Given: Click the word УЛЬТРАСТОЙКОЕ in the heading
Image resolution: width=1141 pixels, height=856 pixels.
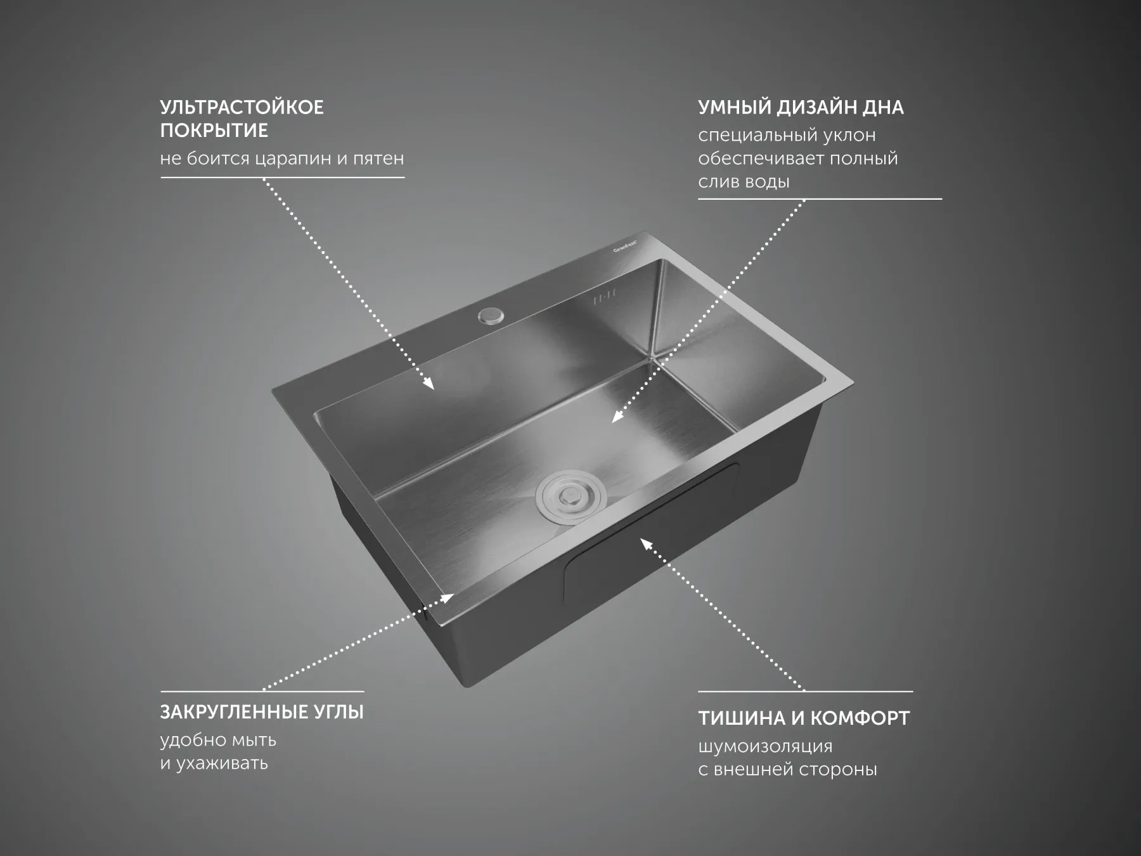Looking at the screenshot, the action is (242, 107).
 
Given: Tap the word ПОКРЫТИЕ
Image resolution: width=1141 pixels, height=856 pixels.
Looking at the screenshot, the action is (214, 131).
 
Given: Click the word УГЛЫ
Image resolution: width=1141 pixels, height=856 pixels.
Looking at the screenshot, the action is (339, 713).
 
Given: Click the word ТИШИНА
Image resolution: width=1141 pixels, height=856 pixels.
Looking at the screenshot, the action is (741, 718).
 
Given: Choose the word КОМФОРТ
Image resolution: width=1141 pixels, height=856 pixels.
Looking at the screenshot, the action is (860, 718).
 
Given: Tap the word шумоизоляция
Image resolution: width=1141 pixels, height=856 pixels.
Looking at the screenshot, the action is (765, 747).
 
